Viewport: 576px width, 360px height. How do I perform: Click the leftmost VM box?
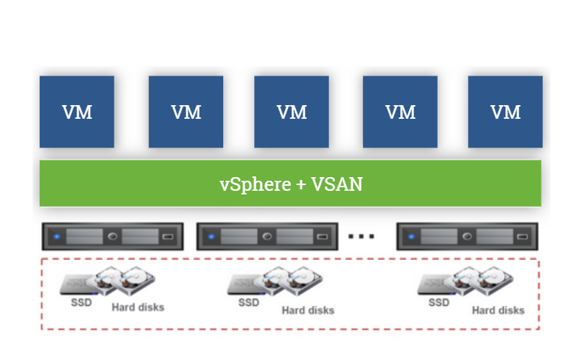click(77, 112)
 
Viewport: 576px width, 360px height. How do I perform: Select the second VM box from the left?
click(186, 112)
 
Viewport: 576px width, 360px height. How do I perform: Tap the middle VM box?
click(292, 112)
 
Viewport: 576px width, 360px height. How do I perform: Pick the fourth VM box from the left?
click(400, 112)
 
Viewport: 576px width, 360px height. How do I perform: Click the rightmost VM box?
click(505, 112)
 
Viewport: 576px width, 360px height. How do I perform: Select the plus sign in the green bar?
click(302, 185)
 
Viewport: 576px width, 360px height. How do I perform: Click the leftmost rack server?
click(112, 236)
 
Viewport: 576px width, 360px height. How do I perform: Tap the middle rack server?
click(266, 236)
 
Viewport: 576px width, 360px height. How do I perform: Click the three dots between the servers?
click(361, 236)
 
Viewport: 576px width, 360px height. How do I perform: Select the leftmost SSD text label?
click(81, 302)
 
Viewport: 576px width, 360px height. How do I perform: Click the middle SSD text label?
click(249, 302)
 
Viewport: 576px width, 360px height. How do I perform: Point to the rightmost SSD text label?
click(439, 302)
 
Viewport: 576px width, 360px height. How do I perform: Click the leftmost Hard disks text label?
click(138, 307)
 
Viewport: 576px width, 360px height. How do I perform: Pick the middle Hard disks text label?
click(307, 310)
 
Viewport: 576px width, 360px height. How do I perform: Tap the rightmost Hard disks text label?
click(498, 310)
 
